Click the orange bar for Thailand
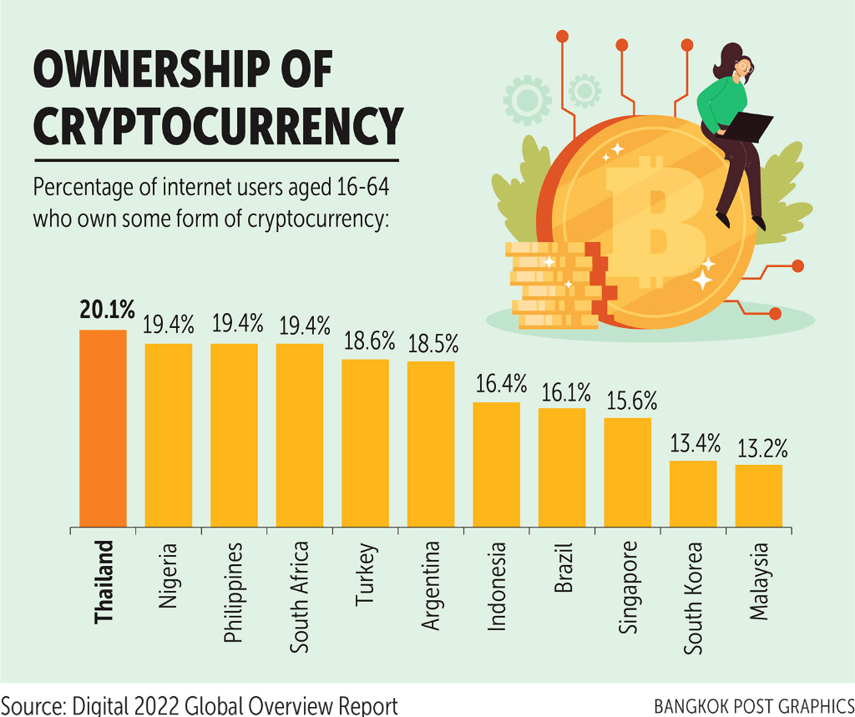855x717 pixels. [103, 429]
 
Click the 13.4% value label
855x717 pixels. [693, 442]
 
